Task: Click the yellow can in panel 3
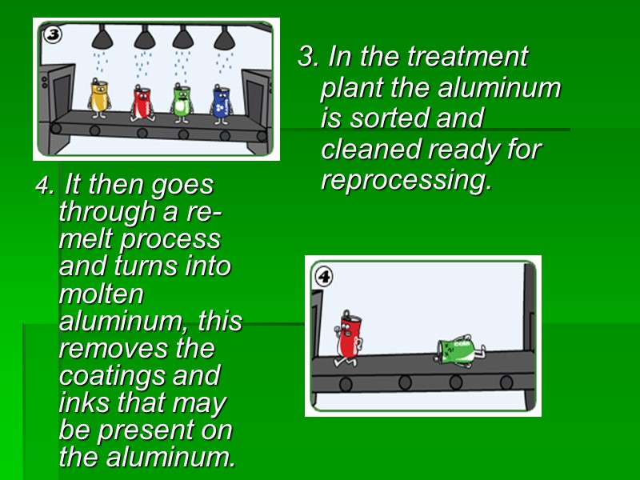[99, 96]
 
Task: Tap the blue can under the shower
[222, 102]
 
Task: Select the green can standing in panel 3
[183, 100]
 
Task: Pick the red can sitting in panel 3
[142, 102]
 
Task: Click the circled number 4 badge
[324, 277]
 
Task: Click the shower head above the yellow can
[102, 38]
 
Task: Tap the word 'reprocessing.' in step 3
[406, 181]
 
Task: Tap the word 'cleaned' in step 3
[370, 150]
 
